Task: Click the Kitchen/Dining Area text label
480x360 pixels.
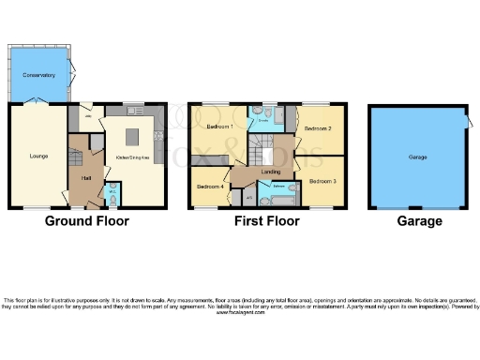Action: [x=132, y=157]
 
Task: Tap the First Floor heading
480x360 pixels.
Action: [x=267, y=222]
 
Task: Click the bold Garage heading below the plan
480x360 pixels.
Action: [x=419, y=222]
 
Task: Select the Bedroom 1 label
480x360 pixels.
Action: [x=219, y=126]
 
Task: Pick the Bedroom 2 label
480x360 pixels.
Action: [x=318, y=128]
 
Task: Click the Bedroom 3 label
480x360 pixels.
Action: [x=322, y=179]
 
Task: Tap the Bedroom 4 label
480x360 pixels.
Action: [x=209, y=187]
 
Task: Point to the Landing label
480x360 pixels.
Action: [x=271, y=172]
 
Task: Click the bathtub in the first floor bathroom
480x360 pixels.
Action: [x=284, y=198]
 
